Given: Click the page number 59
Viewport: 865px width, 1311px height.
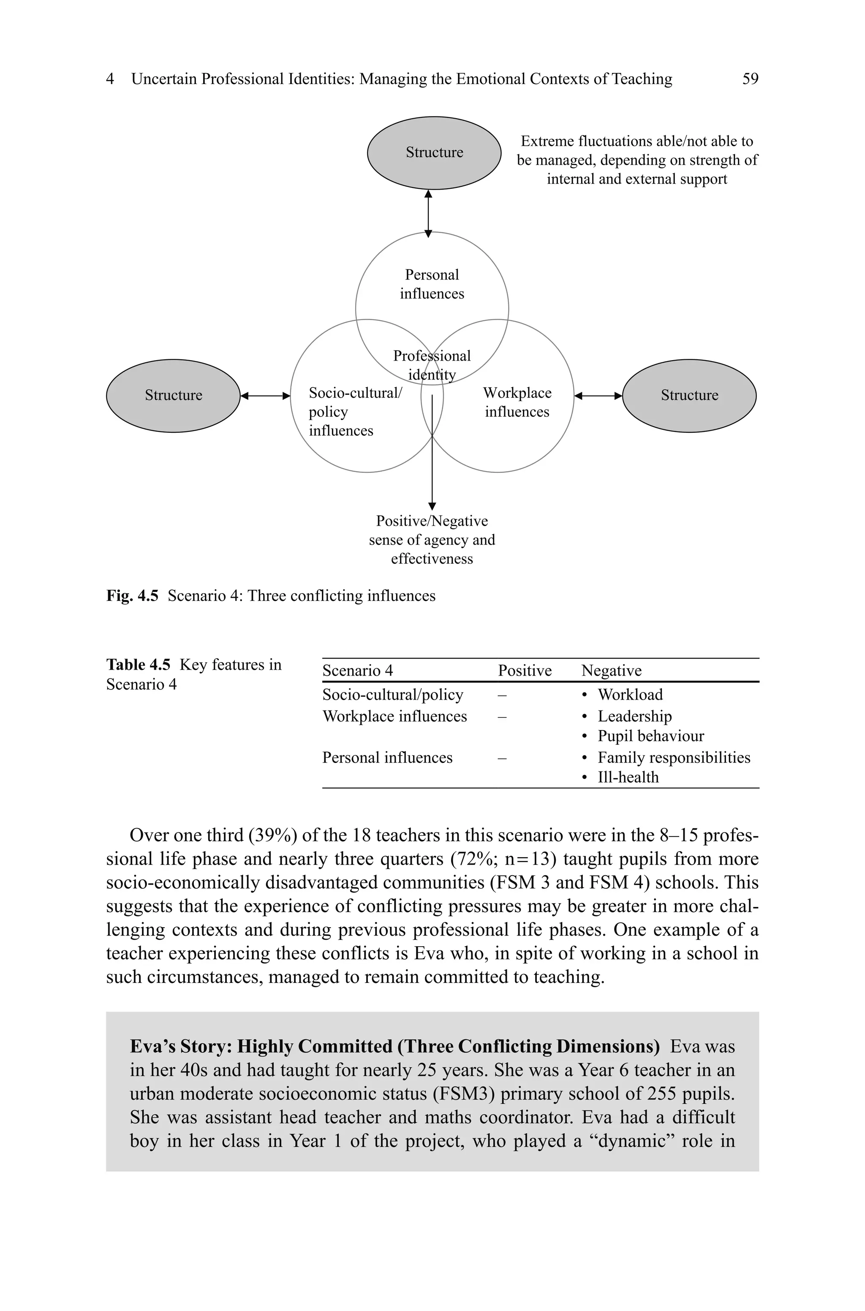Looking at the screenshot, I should tap(750, 79).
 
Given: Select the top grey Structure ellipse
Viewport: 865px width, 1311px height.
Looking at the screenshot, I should tap(434, 153).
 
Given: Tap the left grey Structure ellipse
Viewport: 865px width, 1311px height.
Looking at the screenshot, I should tap(173, 395).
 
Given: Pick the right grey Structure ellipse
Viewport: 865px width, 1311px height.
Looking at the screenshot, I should tap(689, 395).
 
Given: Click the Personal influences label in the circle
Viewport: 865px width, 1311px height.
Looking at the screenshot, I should tap(432, 284).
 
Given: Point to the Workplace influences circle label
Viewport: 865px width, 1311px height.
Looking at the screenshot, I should tap(517, 402).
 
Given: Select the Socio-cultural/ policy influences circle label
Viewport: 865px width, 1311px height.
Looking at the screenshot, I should tap(355, 412).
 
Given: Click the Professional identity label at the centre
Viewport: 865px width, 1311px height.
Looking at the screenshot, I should tap(432, 364).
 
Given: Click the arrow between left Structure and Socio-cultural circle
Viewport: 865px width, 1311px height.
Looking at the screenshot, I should tap(265, 395).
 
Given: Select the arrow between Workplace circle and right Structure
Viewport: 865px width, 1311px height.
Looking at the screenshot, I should tap(598, 395).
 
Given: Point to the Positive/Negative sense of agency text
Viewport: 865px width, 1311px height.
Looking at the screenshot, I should tap(432, 540).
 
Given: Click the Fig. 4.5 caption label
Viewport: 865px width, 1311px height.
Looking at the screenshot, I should tap(132, 596).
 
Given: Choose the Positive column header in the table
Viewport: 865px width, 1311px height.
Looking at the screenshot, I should tap(525, 670).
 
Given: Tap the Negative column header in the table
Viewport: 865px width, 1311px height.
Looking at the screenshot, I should tap(611, 670).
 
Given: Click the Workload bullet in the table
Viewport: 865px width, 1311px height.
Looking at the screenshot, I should tap(629, 695).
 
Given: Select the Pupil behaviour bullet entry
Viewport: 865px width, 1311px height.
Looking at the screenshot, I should tap(650, 736).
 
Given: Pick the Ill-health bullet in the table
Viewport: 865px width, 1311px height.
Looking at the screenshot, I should tap(628, 777).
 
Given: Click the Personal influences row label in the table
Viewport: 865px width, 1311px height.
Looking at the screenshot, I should tap(387, 757).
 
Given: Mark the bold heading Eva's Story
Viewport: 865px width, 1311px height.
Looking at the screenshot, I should tap(394, 1046).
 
